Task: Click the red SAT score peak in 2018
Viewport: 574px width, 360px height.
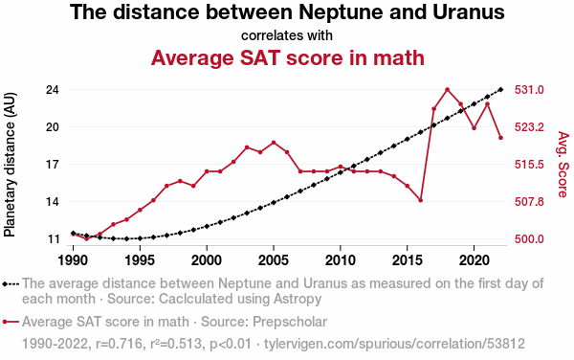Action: click(448, 90)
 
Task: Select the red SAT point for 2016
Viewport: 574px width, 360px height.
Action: click(421, 200)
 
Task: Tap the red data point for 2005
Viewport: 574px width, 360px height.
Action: click(274, 143)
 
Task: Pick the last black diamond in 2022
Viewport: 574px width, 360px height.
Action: click(500, 90)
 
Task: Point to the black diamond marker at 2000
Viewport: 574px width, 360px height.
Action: click(207, 226)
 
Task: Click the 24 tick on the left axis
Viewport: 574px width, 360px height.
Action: click(53, 90)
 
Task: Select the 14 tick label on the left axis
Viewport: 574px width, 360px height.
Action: click(53, 202)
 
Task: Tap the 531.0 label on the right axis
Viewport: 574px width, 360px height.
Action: click(529, 90)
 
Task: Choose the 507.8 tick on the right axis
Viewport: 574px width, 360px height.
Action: click(529, 202)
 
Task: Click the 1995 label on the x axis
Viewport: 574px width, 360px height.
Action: click(140, 260)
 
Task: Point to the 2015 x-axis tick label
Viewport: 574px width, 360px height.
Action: click(408, 260)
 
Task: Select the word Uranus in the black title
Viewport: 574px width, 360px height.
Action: click(469, 11)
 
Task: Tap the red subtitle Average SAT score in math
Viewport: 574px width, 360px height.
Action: click(288, 57)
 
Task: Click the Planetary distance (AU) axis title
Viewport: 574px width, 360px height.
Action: click(10, 165)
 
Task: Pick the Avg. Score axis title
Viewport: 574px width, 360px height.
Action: click(563, 164)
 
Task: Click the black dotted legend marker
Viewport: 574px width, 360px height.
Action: click(11, 284)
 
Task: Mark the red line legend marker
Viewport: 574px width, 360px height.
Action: click(11, 322)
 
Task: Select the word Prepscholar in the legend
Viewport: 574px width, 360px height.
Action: click(290, 323)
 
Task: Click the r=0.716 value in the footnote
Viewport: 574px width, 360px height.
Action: click(119, 344)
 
